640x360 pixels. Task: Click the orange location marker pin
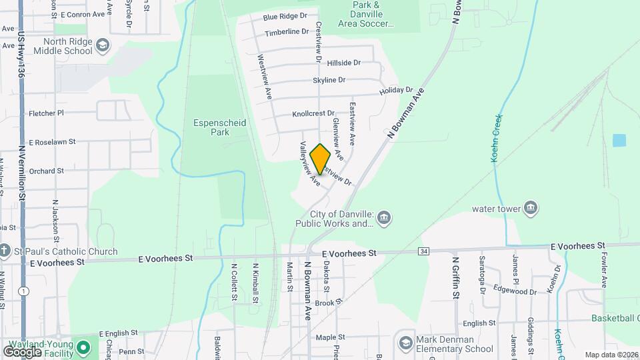point(320,159)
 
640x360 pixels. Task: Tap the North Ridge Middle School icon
point(103,45)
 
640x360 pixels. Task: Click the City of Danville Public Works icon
point(384,217)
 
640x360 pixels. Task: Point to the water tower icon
point(531,208)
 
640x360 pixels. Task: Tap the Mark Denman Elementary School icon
point(405,343)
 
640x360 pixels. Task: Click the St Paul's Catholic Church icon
point(5,251)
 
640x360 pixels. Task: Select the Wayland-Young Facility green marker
point(83,347)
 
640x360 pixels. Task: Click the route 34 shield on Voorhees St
point(424,251)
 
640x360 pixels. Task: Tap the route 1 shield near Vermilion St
point(24,291)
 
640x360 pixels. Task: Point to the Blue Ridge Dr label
point(285,16)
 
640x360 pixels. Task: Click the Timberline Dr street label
point(287,32)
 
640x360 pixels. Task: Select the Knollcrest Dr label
point(313,114)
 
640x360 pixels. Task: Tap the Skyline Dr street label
point(329,80)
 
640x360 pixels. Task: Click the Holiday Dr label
point(396,90)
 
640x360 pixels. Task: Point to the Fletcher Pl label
point(46,113)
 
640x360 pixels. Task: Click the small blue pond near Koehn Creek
point(619,141)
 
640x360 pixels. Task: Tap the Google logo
point(23,351)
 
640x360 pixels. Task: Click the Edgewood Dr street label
point(515,291)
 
